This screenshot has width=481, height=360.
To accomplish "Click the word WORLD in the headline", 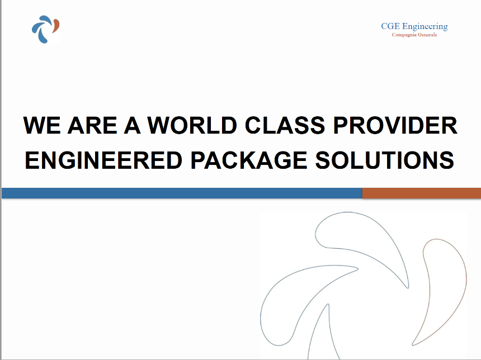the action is (x=192, y=125).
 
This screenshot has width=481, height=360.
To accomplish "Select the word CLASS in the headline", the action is (x=285, y=125).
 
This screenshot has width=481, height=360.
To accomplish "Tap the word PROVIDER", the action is (x=395, y=125).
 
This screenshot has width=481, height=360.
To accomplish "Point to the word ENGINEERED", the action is (x=103, y=160).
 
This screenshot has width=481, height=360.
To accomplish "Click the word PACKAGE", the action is (x=249, y=160).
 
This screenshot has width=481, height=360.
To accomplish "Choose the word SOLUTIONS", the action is (x=385, y=160).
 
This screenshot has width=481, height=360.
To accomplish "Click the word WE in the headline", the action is (x=42, y=125).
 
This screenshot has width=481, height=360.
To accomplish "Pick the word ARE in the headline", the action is (x=92, y=125).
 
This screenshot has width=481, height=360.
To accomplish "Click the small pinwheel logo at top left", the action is (x=45, y=29).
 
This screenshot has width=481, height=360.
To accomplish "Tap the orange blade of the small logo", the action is (x=56, y=26).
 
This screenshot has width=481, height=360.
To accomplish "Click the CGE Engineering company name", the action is (x=414, y=26).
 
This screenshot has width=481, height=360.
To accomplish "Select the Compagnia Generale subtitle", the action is (x=414, y=35).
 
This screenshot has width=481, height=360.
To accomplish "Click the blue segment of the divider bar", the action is (x=182, y=193).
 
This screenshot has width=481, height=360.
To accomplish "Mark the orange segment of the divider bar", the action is (x=422, y=193).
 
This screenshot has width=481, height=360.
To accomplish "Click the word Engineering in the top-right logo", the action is (x=425, y=27).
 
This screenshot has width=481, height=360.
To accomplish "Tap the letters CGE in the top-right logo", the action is (x=390, y=26).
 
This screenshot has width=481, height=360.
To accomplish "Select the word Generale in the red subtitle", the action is (x=427, y=35).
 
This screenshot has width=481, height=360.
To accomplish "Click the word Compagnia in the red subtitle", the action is (x=404, y=35).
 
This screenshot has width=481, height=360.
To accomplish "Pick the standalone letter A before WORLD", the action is (x=133, y=125).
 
